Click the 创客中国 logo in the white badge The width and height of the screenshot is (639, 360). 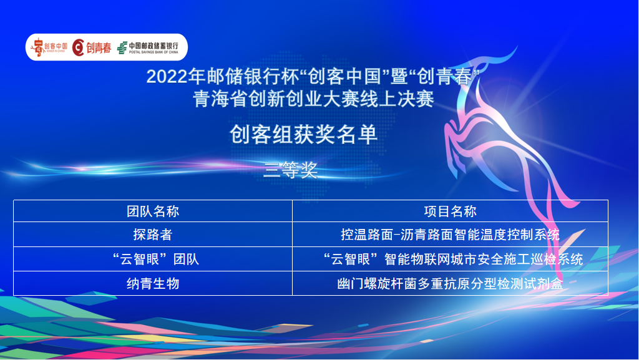click(x=49, y=47)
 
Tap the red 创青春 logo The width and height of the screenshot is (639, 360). click(x=92, y=47)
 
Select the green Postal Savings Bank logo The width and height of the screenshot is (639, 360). click(x=147, y=47)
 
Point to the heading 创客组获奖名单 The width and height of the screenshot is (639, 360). click(x=304, y=134)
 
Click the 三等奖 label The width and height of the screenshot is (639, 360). click(x=291, y=170)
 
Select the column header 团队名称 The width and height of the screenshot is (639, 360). click(x=153, y=212)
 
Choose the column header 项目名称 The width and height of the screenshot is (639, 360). click(x=450, y=212)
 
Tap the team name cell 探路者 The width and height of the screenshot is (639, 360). click(x=153, y=235)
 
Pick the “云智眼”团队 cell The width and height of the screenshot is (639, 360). click(x=156, y=259)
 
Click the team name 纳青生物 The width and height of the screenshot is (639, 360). click(x=153, y=283)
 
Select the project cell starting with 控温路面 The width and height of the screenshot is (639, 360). click(x=450, y=235)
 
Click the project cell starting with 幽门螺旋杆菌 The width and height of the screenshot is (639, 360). click(x=450, y=283)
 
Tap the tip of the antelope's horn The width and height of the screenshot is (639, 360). click(x=517, y=47)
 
